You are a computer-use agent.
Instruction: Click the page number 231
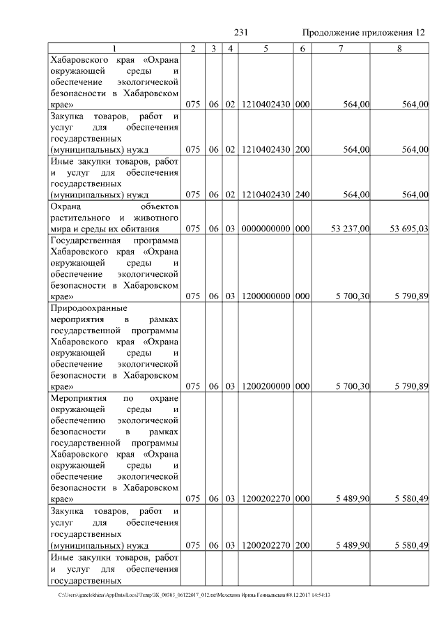coord(241,33)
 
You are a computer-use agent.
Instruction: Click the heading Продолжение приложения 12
coord(362,33)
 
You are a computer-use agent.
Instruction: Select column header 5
coord(266,48)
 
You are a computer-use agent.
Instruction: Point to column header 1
coord(115,48)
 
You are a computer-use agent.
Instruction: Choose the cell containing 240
coord(302,195)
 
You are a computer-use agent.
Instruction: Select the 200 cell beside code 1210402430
coord(302,149)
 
